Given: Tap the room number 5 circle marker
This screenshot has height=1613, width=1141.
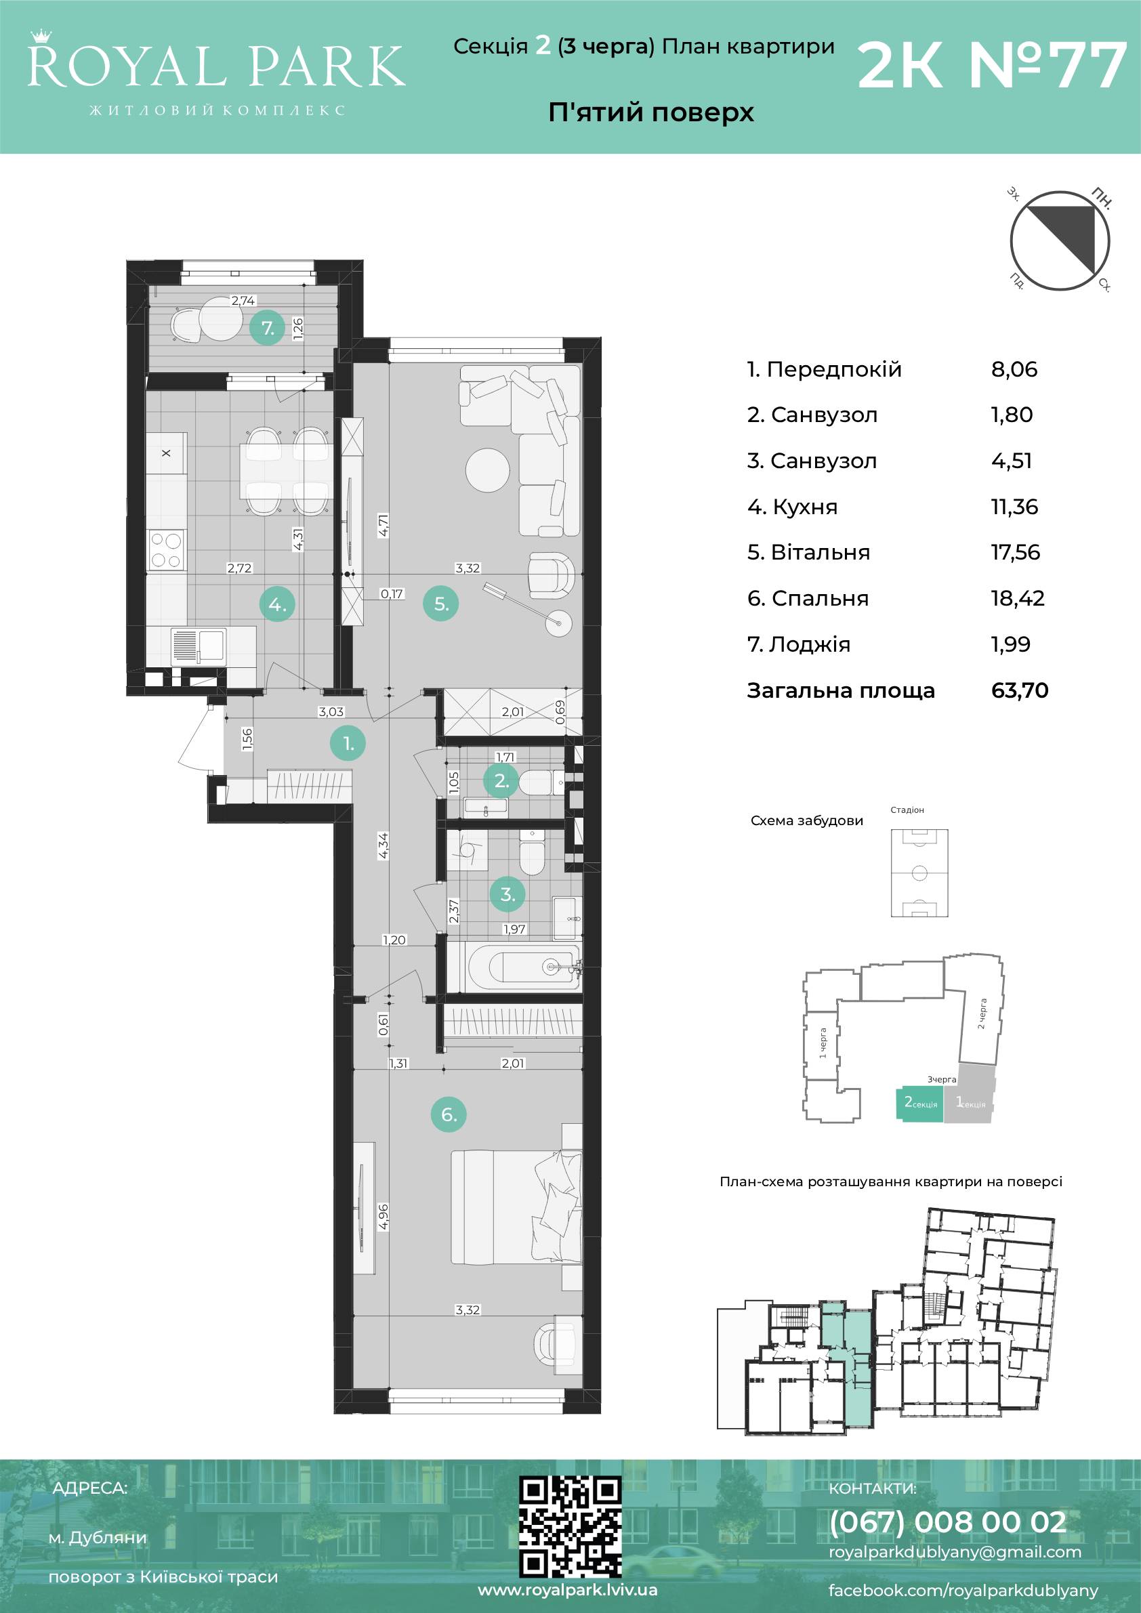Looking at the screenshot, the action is (440, 604).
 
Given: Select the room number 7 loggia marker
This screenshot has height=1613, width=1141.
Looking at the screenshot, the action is (268, 327).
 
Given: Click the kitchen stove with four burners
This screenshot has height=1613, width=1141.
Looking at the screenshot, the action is (167, 550).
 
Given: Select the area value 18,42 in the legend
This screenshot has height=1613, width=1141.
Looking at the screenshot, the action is (1017, 599).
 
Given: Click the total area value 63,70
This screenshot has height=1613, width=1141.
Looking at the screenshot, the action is (1020, 690).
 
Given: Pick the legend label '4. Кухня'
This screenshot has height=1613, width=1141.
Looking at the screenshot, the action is (792, 507).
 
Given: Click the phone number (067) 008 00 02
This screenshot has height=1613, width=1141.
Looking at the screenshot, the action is (948, 1522).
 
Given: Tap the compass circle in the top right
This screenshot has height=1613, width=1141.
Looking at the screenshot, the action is (1060, 241).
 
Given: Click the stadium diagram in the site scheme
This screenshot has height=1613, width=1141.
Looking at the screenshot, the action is (919, 873).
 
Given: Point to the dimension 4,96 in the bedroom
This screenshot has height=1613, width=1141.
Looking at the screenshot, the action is (383, 1217).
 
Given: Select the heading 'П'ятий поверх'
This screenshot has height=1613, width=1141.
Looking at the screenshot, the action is (650, 112).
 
